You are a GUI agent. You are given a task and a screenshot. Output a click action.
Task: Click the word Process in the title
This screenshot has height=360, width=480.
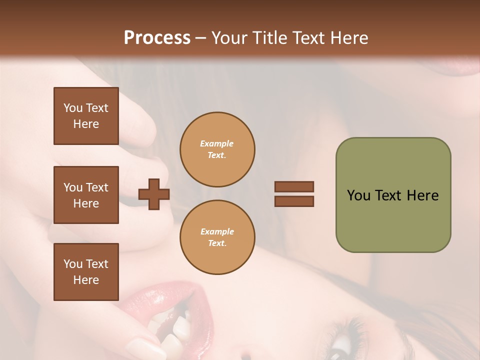coord(157,38)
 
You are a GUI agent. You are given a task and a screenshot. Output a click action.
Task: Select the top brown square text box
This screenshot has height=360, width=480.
coord(86,116)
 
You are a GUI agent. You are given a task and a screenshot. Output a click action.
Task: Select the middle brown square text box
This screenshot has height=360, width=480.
coord(86,195)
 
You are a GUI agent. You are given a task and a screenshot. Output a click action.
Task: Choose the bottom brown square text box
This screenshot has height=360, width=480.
coord(86,272)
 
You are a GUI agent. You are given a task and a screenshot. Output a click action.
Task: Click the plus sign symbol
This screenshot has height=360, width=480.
coord(154,194)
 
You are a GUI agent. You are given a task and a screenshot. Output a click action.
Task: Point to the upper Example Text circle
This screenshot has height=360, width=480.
coord(217,149)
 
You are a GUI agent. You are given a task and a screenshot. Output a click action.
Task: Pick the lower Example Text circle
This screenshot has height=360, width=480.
coord(217,237)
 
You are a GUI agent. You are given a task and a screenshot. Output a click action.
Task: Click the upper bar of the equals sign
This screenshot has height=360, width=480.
coord(294,186)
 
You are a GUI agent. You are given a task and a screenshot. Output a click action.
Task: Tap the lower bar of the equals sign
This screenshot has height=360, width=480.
coord(294,201)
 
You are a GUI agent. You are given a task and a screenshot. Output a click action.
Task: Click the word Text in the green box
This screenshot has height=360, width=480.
coord(388,195)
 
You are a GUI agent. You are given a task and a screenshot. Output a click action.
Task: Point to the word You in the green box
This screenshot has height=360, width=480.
coord(358,195)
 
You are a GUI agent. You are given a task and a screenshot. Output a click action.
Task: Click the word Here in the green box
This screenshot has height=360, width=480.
coord(422,195)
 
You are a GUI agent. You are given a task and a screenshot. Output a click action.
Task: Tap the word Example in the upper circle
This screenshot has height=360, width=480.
coord(217,143)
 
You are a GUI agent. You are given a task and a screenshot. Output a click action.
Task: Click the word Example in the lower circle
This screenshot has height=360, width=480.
coord(217,231)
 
